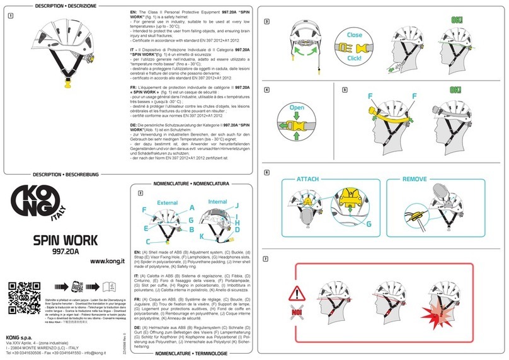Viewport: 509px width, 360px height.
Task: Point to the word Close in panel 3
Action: [354, 35]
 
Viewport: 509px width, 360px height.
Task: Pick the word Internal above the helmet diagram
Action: [217, 202]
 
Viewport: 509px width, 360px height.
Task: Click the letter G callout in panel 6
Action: [369, 223]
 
